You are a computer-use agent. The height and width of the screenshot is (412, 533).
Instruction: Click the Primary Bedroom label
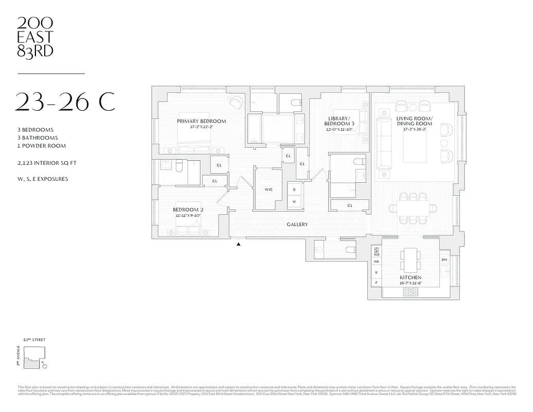click(x=201, y=122)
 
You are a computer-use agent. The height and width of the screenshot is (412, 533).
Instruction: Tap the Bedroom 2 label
click(x=188, y=210)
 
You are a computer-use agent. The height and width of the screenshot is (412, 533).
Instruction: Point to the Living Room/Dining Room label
click(x=414, y=122)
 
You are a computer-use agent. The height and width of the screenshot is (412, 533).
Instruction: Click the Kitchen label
click(x=411, y=278)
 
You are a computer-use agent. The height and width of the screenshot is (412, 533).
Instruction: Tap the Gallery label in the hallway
click(x=297, y=225)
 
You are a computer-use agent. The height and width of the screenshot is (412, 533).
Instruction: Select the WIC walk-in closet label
click(x=269, y=190)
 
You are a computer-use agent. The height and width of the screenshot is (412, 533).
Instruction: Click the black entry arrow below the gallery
click(x=238, y=245)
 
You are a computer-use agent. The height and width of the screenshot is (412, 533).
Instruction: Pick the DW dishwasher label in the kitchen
click(x=445, y=260)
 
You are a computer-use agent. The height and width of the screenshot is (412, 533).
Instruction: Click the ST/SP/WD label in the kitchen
click(x=376, y=251)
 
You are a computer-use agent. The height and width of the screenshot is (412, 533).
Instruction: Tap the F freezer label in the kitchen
click(x=376, y=282)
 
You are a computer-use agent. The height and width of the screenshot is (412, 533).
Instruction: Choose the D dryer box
click(x=294, y=190)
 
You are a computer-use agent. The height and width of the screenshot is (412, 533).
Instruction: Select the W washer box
click(x=294, y=201)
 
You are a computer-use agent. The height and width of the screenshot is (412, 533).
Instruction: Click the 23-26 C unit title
click(x=65, y=102)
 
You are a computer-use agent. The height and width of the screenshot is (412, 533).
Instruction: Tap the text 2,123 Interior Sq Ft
click(x=47, y=163)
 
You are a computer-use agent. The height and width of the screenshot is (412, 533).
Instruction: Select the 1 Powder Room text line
click(x=41, y=146)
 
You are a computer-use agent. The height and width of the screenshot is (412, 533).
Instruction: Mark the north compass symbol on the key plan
click(x=45, y=366)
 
